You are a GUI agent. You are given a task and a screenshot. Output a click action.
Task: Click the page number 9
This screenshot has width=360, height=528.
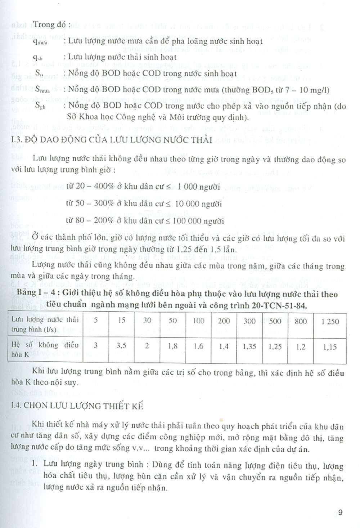point(340,513)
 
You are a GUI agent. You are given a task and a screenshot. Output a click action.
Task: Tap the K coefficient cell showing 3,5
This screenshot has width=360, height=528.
point(122,346)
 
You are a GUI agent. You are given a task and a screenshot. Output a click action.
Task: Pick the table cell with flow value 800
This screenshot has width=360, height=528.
point(301,321)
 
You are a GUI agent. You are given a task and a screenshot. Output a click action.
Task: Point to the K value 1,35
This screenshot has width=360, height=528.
point(249,347)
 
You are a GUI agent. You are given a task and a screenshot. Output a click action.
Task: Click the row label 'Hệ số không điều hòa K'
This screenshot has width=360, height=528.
point(45,349)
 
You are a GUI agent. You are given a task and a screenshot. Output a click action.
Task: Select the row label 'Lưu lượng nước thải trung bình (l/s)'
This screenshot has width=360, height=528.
point(45,324)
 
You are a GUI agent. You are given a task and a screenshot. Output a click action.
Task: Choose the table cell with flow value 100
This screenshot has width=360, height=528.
point(198,321)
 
